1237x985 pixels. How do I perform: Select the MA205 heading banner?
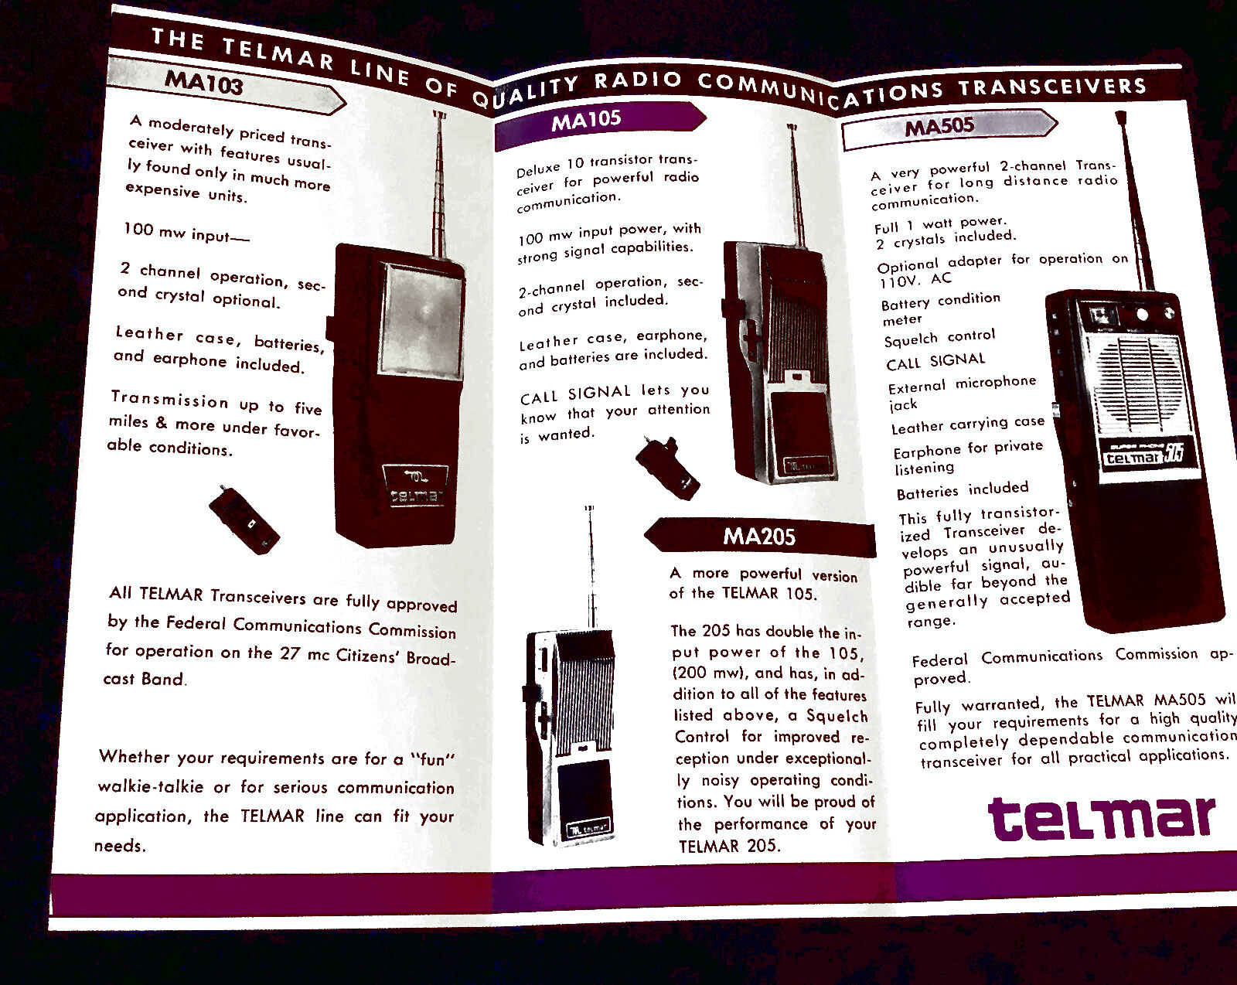coord(759,537)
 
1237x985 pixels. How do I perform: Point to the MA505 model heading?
coord(939,126)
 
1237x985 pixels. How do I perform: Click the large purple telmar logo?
coord(1102,818)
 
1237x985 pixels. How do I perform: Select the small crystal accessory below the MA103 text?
coord(244,520)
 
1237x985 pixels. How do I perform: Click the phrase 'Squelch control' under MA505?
coord(939,338)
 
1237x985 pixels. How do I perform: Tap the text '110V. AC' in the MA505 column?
coord(915,280)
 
